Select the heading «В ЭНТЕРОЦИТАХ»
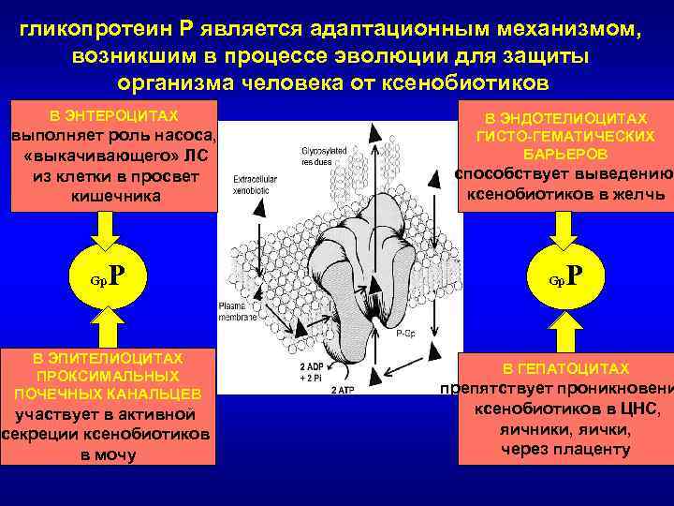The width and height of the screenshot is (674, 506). click(113, 116)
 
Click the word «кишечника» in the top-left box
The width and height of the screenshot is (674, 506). click(113, 197)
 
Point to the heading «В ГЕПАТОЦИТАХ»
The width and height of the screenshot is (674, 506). click(565, 369)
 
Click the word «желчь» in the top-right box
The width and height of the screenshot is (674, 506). click(637, 194)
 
